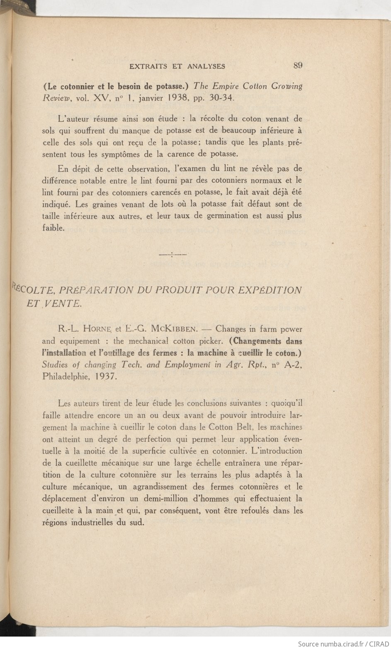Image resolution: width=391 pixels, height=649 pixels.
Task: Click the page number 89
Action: point(297,65)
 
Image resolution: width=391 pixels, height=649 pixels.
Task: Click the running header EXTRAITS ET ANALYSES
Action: point(177,66)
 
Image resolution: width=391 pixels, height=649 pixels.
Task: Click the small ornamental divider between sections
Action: point(172,254)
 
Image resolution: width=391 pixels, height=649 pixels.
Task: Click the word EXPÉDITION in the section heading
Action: point(270,290)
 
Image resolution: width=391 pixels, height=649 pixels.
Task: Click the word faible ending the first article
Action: point(53,228)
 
